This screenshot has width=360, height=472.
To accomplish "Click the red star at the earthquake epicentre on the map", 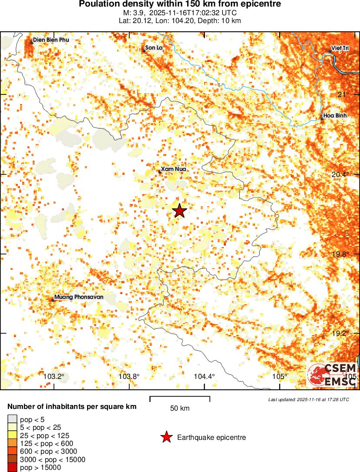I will (179, 211).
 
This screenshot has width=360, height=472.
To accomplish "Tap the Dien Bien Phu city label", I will (51, 40).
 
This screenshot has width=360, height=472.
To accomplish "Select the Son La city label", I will (154, 47).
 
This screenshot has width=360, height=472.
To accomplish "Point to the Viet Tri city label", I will (340, 47).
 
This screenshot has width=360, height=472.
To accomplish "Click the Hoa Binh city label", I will (335, 116).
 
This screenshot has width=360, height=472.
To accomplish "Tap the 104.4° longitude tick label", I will (205, 376).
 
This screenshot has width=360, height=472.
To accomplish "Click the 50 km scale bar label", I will (180, 408).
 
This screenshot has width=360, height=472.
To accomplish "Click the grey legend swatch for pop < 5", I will (13, 419).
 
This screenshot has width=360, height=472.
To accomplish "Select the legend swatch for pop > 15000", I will (13, 468).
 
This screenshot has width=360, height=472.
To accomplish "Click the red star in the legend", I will (166, 437).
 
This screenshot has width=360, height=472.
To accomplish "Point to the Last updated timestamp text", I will (308, 399).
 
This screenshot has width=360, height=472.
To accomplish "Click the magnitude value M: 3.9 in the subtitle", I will (131, 13).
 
